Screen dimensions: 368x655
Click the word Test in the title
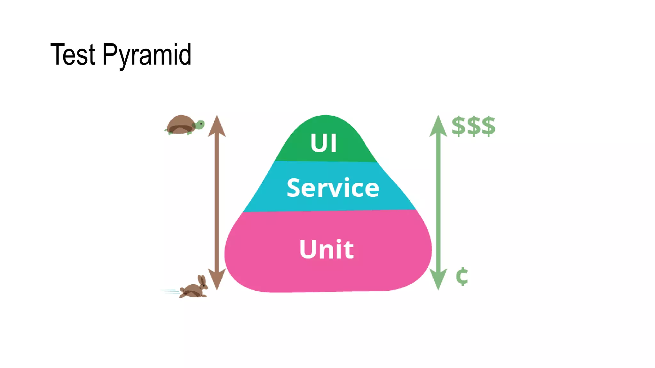[x=73, y=55]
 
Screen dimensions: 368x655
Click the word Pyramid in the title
[x=147, y=55]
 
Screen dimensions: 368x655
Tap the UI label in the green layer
[x=324, y=143]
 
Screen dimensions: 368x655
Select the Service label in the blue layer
[x=333, y=188]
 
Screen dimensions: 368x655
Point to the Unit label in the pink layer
[x=327, y=249]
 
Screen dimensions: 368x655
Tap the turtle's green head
[x=200, y=124]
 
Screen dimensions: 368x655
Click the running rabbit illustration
[x=194, y=287]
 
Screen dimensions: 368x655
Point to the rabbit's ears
[x=202, y=280]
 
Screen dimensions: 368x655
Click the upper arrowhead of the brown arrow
[x=217, y=126]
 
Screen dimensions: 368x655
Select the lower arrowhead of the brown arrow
[x=217, y=279]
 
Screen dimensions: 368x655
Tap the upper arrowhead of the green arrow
[x=438, y=126]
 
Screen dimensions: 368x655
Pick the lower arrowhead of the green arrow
[x=438, y=279]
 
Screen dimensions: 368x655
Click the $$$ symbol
[x=473, y=126]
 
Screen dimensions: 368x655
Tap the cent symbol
[x=462, y=276]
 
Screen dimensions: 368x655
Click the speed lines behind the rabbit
[x=170, y=291]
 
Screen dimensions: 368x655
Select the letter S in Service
[x=295, y=188]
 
